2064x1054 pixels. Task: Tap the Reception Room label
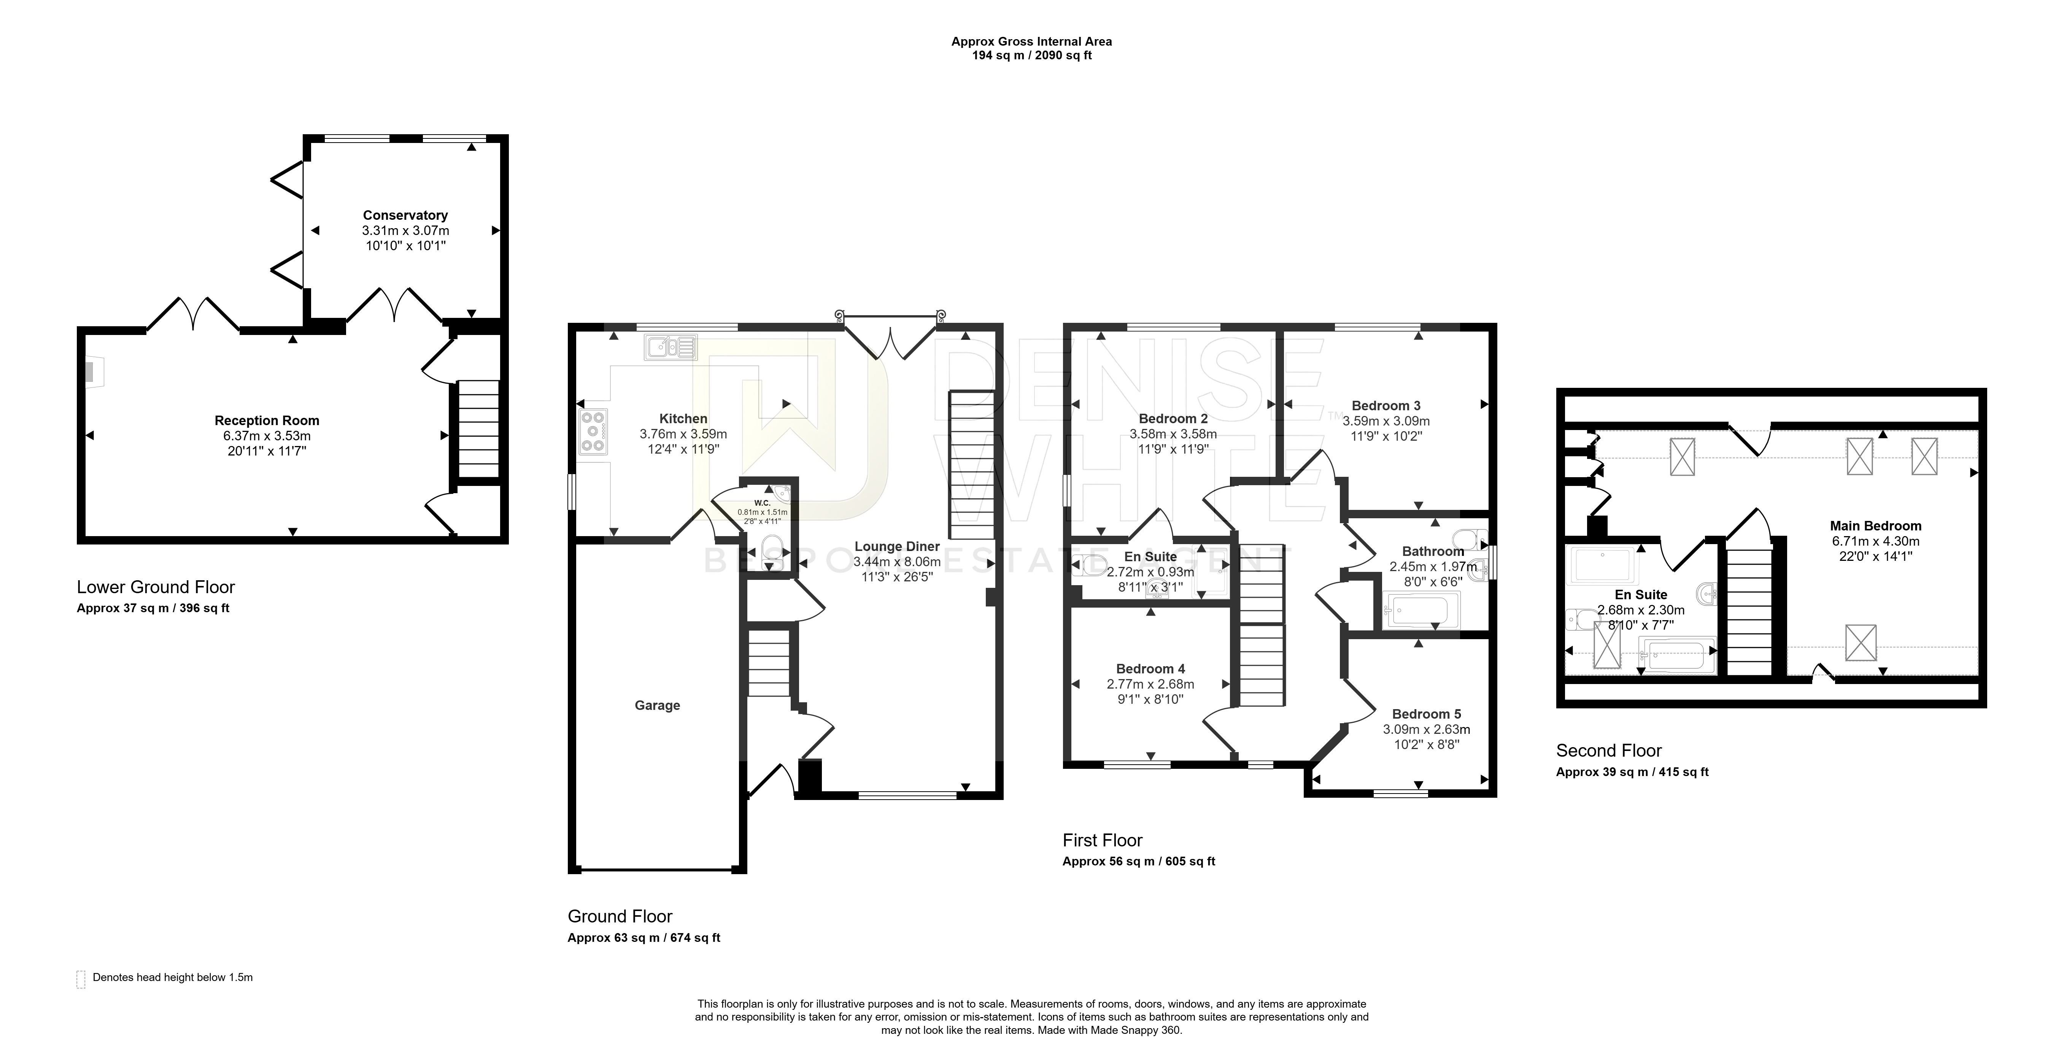pos(267,421)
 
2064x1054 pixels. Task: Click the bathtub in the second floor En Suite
pos(1677,655)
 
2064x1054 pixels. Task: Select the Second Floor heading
pos(1609,751)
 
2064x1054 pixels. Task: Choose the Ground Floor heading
pos(620,916)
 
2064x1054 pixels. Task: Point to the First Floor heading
pos(1103,840)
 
